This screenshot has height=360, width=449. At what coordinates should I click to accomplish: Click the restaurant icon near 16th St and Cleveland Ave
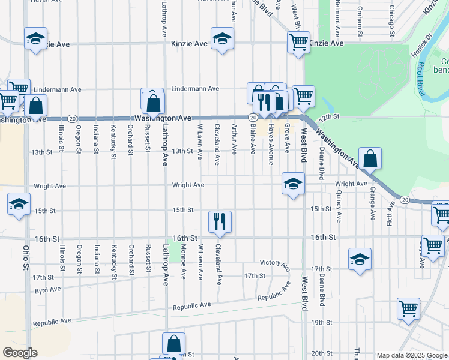[x=220, y=221]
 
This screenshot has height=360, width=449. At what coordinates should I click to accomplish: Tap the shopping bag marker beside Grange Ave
[x=370, y=159]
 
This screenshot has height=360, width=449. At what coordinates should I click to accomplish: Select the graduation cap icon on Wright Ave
[x=293, y=184]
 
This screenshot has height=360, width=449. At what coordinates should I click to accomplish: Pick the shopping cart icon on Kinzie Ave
[x=298, y=42]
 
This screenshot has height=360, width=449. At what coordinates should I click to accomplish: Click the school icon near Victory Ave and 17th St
[x=360, y=259]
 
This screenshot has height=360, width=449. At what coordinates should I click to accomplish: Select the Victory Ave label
[x=275, y=263]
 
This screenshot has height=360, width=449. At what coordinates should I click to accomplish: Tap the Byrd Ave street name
[x=49, y=289]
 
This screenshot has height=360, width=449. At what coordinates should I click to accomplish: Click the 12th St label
[x=330, y=115]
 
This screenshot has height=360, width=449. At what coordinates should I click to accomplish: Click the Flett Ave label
[x=390, y=212]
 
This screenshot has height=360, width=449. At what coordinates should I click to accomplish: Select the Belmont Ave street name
[x=339, y=18]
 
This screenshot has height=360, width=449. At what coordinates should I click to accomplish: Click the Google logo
[x=20, y=353]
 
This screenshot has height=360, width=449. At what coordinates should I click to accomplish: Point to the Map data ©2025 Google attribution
[x=411, y=355]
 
